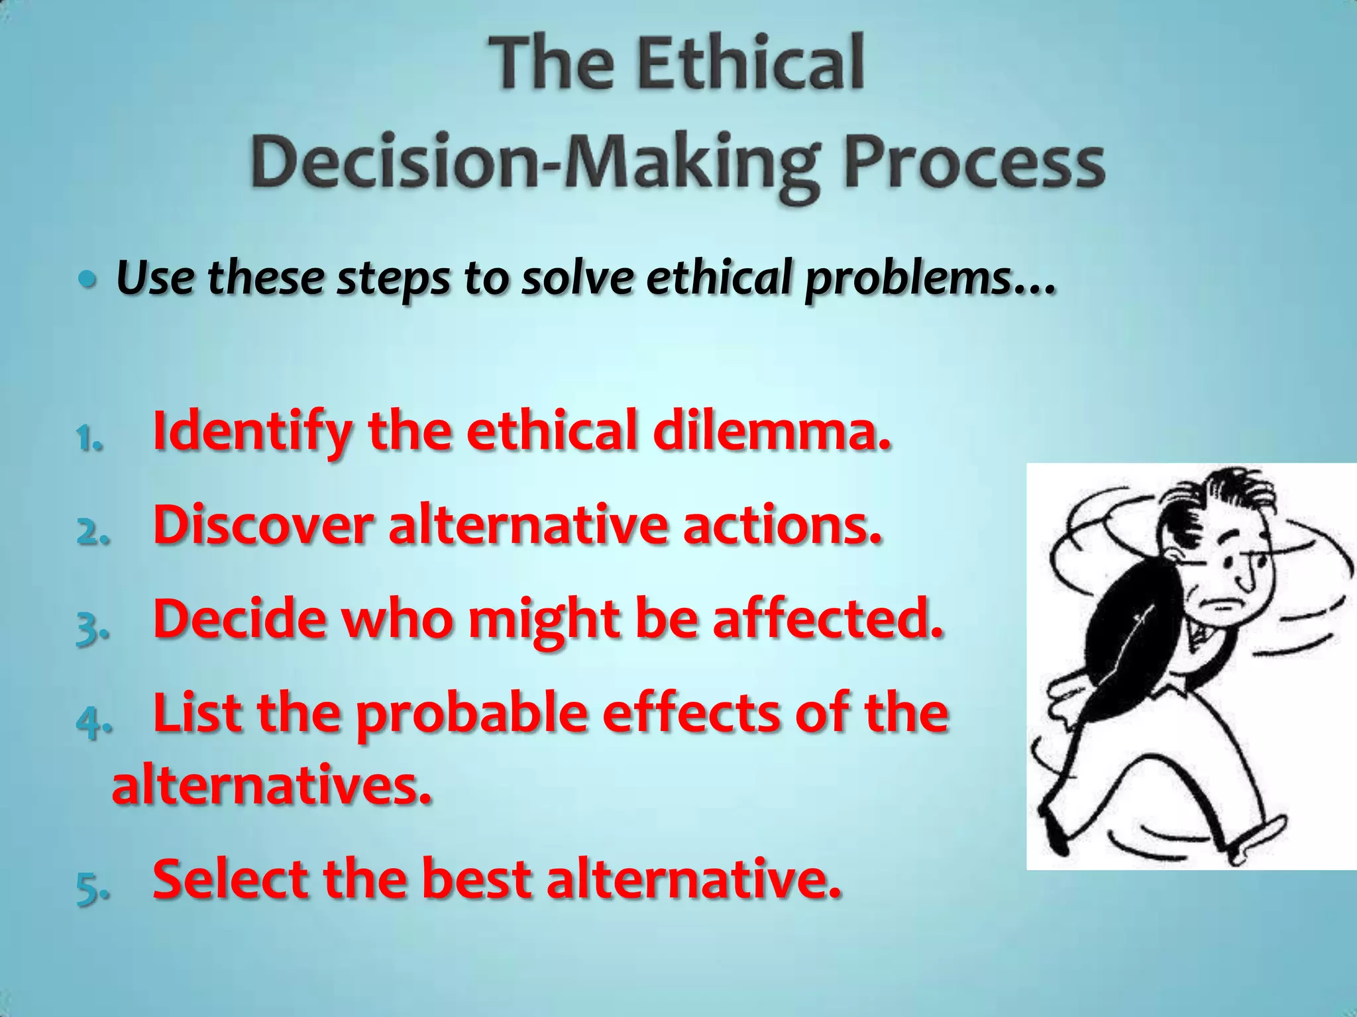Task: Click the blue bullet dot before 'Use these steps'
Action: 85,280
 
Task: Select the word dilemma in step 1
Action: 772,430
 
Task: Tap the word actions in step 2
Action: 783,526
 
